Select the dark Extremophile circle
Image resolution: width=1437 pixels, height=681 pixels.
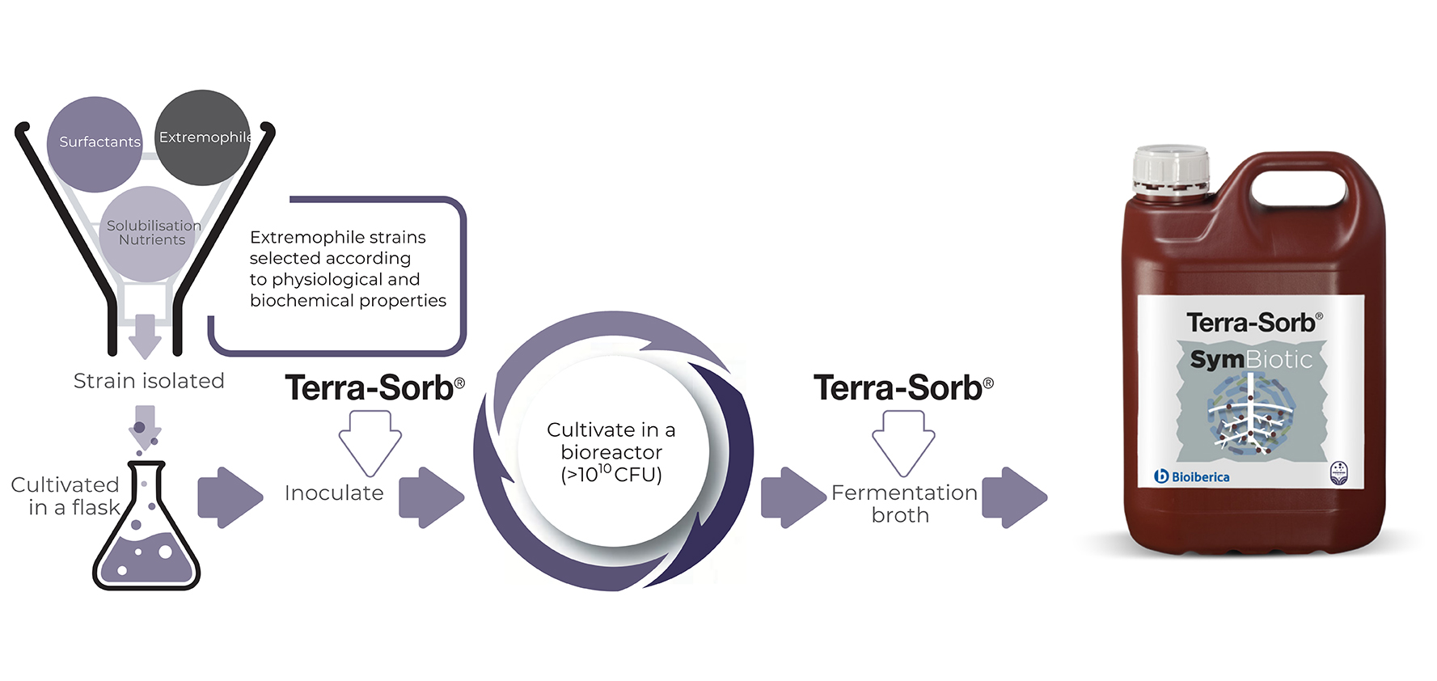coord(202,137)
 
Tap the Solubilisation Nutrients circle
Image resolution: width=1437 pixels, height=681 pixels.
coord(149,233)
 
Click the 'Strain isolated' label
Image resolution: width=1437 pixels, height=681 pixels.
coord(149,381)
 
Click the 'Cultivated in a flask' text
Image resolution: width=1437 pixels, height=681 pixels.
coord(66,496)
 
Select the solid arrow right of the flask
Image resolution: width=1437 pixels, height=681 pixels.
coord(230,497)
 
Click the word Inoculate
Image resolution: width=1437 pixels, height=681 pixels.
coord(334,493)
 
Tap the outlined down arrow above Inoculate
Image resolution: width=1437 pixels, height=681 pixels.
coord(370,442)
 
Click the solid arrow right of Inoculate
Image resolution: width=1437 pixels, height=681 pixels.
coord(431,497)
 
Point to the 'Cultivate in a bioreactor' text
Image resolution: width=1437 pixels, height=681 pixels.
coord(611,441)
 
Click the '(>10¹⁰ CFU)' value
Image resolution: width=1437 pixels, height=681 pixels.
coord(611,475)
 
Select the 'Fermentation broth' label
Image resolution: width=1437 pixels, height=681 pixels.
coord(904,503)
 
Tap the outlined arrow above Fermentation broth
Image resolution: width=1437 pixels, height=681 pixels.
coord(903,442)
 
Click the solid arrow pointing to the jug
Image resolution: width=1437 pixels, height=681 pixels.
coord(1014,497)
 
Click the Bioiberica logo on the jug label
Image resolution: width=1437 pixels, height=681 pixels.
coord(1192,476)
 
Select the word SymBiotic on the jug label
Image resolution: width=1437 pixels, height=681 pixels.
coord(1251,359)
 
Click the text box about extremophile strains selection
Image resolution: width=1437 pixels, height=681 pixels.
coord(348,269)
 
